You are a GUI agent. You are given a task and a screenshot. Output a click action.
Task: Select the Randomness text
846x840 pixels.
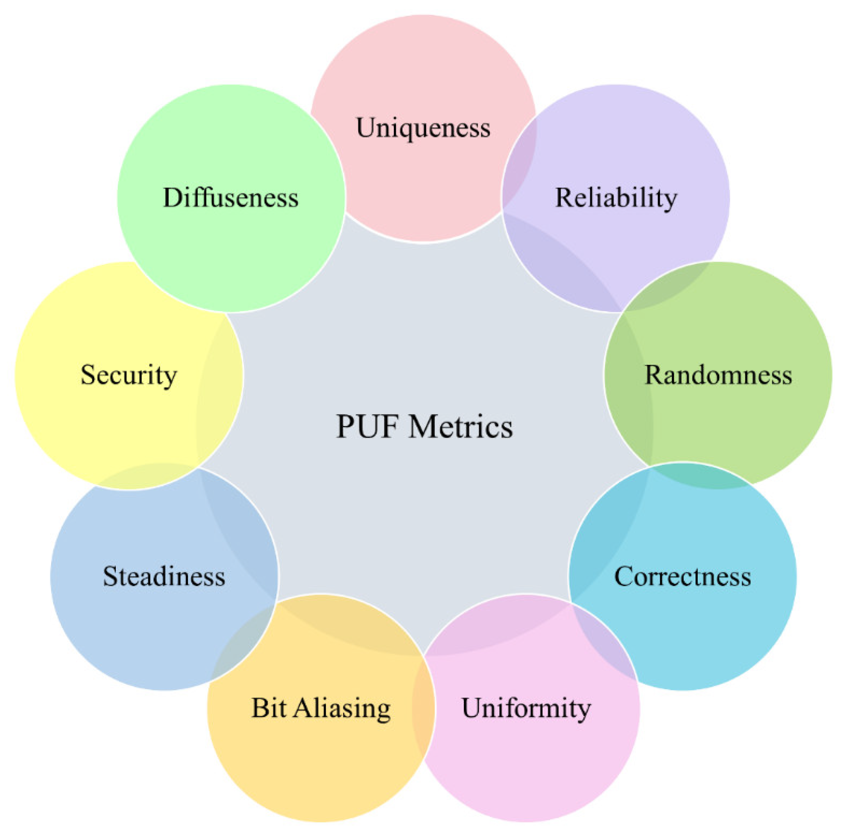tap(718, 375)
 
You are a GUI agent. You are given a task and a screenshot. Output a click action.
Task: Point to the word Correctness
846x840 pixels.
tap(682, 576)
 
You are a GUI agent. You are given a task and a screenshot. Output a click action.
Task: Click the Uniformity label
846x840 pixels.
tap(526, 707)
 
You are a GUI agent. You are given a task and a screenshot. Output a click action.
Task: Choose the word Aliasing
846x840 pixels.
tap(341, 708)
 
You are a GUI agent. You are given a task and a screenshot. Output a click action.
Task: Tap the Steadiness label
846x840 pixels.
tap(164, 576)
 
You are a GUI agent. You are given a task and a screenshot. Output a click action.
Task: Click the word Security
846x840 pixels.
tap(129, 375)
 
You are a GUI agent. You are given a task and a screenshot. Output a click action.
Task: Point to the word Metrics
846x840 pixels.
tap(461, 426)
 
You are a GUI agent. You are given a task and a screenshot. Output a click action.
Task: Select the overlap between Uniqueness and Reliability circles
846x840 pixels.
tap(519, 162)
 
